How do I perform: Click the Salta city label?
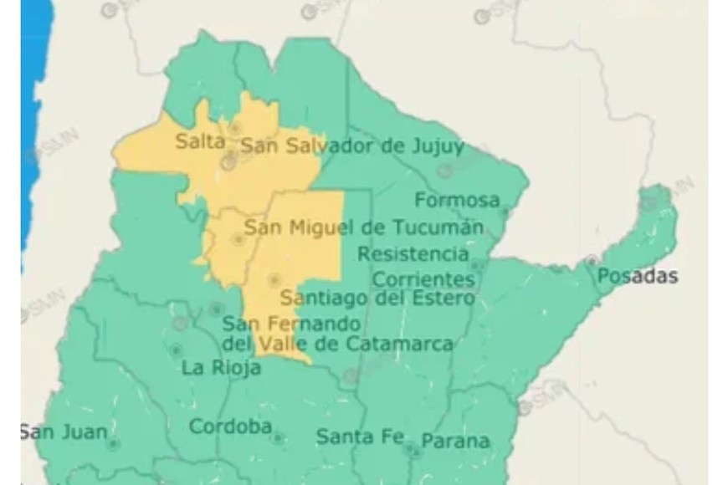pos(200,141)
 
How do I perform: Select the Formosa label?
pos(457,201)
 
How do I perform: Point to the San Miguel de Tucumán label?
pos(364,227)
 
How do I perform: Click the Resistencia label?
pos(413,253)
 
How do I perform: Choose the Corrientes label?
pos(423,278)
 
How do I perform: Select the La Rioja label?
pos(222,368)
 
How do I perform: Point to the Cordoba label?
pos(230,426)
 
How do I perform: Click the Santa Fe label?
pos(361,436)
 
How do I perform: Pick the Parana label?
pos(455,441)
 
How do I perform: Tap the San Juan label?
pos(64,432)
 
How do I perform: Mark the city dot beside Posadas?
pos(592,261)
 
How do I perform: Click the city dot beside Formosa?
pos(504,212)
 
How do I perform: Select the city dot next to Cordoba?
pos(277,437)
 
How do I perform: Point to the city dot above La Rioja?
pos(176,350)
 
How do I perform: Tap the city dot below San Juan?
pos(113,444)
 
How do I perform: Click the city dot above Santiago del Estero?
pos(274,280)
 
